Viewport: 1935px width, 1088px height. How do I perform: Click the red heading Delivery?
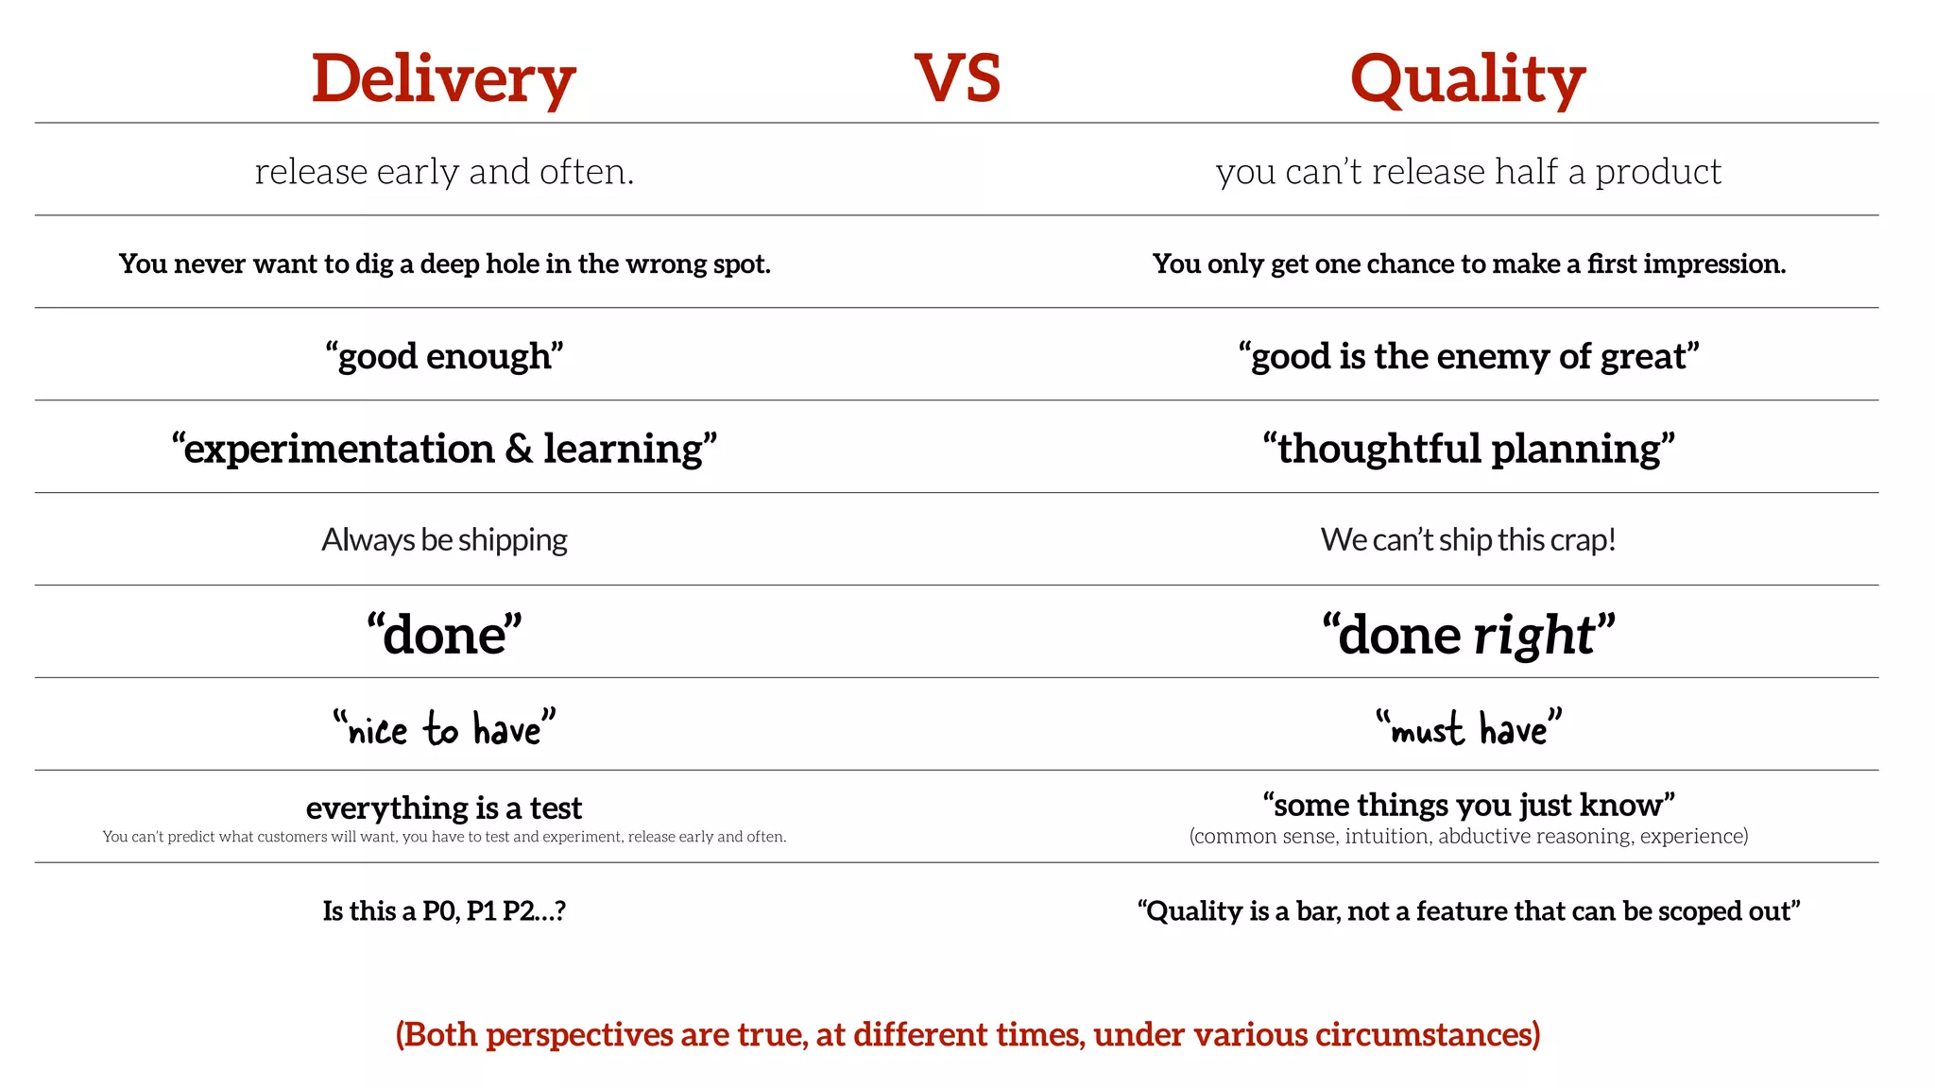pyautogui.click(x=443, y=79)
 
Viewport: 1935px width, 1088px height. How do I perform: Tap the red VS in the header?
pyautogui.click(x=957, y=79)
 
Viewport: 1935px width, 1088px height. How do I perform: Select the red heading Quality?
pyautogui.click(x=1467, y=79)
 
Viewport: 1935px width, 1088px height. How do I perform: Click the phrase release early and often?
pyautogui.click(x=444, y=172)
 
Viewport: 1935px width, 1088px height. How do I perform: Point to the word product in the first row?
pyautogui.click(x=1658, y=173)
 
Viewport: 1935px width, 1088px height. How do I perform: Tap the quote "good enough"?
pyautogui.click(x=444, y=357)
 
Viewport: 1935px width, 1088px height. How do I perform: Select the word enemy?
pyautogui.click(x=1494, y=357)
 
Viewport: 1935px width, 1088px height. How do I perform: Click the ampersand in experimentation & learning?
pyautogui.click(x=519, y=449)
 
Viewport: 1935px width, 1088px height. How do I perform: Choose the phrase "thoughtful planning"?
pyautogui.click(x=1468, y=449)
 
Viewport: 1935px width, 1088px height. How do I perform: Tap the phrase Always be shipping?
pyautogui.click(x=444, y=540)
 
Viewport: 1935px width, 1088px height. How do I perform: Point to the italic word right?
pyautogui.click(x=1534, y=635)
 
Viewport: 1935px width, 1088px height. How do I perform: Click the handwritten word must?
pyautogui.click(x=1427, y=730)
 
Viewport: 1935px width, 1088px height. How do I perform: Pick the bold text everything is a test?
pyautogui.click(x=444, y=807)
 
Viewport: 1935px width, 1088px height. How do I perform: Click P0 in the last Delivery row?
pyautogui.click(x=440, y=910)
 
